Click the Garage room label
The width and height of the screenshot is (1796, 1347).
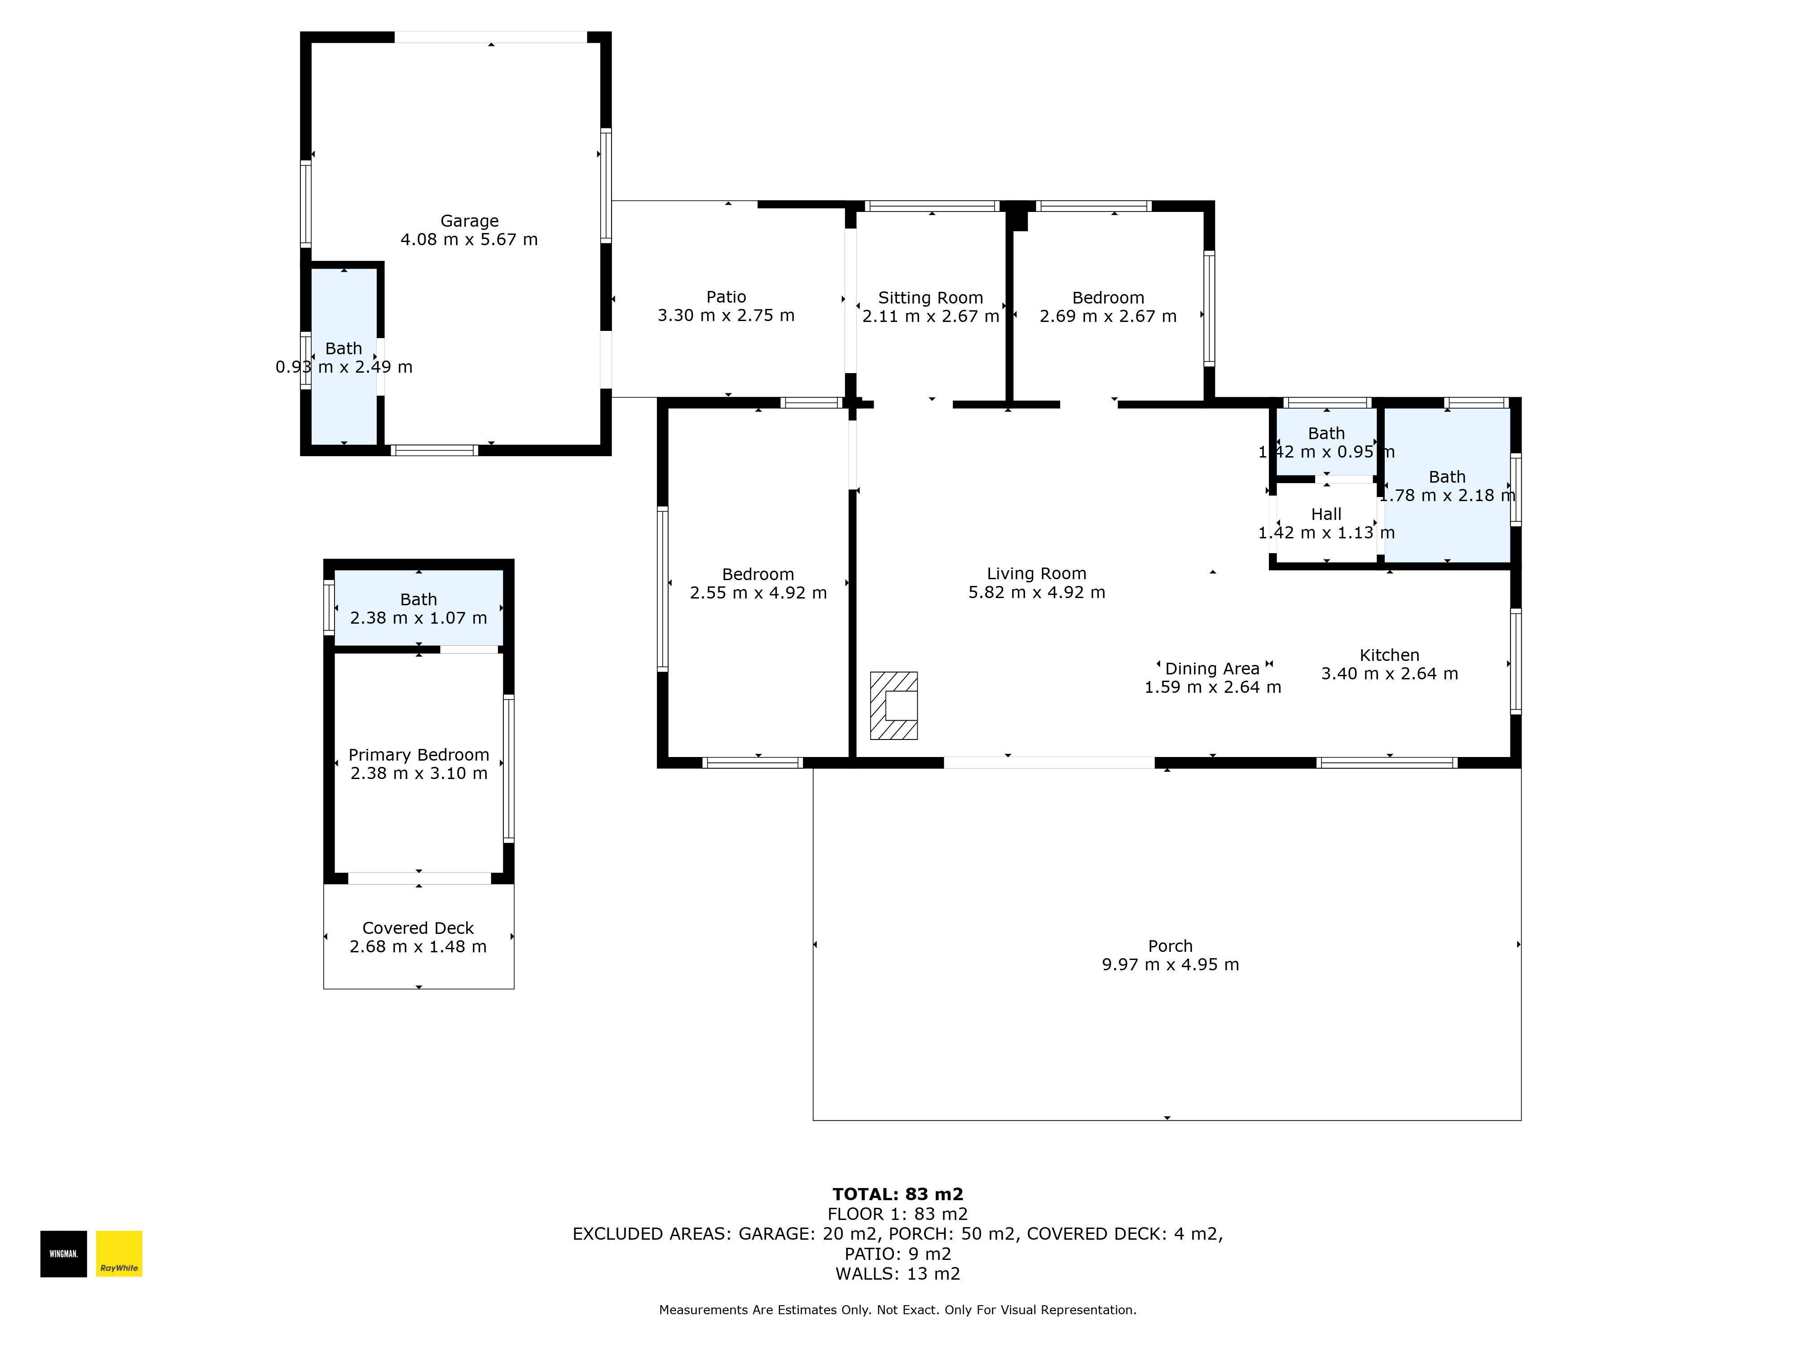click(x=469, y=221)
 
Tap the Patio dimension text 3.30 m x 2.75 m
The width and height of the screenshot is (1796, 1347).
click(x=726, y=316)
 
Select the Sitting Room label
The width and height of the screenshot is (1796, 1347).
click(x=930, y=298)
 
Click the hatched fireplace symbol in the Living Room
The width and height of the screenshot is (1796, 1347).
click(x=894, y=705)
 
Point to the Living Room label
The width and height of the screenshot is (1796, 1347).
click(x=1037, y=574)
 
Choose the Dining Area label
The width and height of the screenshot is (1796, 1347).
click(x=1212, y=669)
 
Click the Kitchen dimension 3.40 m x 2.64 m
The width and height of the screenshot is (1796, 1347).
click(x=1390, y=674)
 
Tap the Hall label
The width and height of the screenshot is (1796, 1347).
click(x=1327, y=514)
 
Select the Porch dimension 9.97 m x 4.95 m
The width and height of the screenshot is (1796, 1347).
click(x=1171, y=964)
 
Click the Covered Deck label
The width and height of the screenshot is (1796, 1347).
click(x=418, y=928)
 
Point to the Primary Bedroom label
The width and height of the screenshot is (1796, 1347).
click(x=419, y=755)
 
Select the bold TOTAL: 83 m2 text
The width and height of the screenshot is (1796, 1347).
click(x=898, y=1194)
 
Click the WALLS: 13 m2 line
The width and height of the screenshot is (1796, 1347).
click(x=898, y=1274)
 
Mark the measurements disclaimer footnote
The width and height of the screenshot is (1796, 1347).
click(x=898, y=1310)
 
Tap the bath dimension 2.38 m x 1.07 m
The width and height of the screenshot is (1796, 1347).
click(x=419, y=618)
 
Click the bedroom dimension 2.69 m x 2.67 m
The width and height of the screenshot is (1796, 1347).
click(x=1108, y=317)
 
